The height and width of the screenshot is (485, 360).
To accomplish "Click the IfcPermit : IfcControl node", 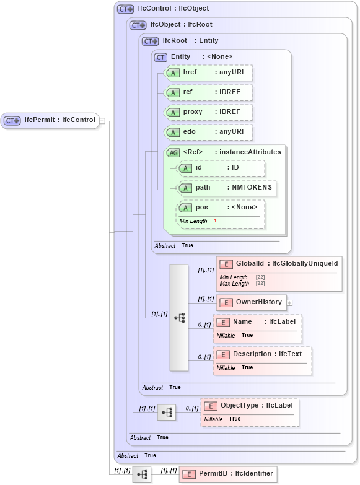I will (x=50, y=120).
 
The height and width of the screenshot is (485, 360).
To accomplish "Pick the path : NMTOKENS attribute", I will (x=227, y=188).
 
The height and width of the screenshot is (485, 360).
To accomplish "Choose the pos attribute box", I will (x=221, y=208).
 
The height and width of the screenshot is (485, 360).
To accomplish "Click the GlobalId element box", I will (x=279, y=264).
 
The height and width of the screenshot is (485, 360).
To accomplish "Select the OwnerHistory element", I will (x=251, y=302).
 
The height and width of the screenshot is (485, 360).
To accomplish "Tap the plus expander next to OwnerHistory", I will (x=289, y=303).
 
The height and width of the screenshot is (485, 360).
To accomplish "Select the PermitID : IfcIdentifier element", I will (x=228, y=474).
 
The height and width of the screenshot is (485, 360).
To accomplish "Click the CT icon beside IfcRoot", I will (x=151, y=41).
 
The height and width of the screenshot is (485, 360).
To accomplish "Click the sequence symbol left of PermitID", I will (x=142, y=474).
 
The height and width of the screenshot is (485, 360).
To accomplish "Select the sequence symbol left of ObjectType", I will (x=167, y=412).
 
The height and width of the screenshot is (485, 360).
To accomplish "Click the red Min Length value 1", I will (x=215, y=221).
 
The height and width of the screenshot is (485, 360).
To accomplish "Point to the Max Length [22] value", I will (x=260, y=283).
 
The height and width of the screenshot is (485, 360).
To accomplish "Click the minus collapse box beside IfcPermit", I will (x=102, y=121).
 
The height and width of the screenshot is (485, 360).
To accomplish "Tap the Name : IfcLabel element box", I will (x=257, y=322).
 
